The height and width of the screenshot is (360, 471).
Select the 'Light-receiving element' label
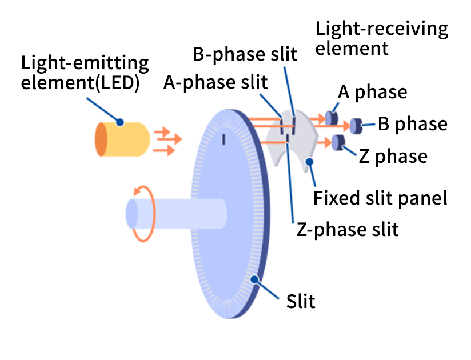pyautogui.click(x=381, y=38)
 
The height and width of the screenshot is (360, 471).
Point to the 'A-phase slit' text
pyautogui.click(x=215, y=82)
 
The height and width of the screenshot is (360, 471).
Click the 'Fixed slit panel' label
pyautogui.click(x=380, y=198)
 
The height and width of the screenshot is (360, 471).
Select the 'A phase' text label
pyautogui.click(x=372, y=92)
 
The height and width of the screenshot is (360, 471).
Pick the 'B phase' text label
pyautogui.click(x=413, y=123)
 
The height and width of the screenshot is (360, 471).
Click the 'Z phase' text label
pyautogui.click(x=393, y=155)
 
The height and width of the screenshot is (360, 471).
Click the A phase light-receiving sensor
pyautogui.click(x=330, y=118)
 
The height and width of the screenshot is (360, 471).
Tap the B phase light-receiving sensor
pyautogui.click(x=357, y=125)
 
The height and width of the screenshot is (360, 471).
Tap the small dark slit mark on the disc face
pyautogui.click(x=225, y=138)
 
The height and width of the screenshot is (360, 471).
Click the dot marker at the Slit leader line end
pyautogui.click(x=256, y=278)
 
